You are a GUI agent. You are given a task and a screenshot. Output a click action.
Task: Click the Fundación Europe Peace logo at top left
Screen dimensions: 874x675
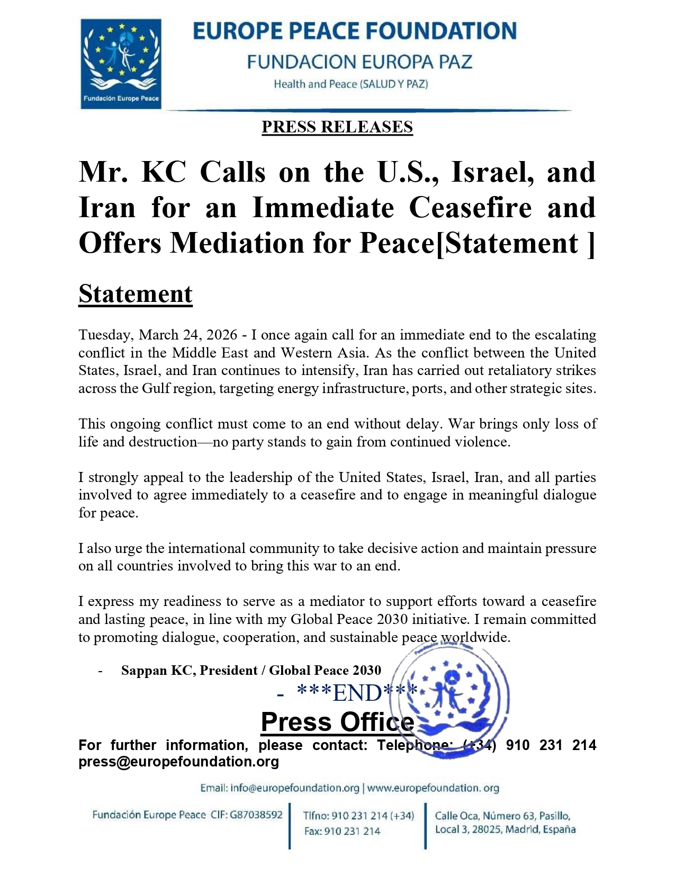coord(121,64)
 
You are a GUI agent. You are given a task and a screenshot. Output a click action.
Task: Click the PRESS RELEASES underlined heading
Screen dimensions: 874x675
coord(337,127)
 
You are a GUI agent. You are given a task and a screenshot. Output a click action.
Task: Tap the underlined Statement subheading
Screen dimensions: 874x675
coord(135,294)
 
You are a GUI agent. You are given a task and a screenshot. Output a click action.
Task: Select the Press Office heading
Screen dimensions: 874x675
coord(337,722)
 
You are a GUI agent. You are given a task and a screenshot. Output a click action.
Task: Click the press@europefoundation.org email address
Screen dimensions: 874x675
coord(178,762)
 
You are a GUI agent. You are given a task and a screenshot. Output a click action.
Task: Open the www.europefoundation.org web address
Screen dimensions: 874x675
coord(433,788)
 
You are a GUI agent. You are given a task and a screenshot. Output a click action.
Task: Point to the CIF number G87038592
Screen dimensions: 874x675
coord(256,815)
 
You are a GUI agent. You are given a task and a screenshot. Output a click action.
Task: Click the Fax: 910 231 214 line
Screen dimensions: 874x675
coord(342,831)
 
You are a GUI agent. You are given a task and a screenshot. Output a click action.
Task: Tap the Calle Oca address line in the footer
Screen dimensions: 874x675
coord(502,816)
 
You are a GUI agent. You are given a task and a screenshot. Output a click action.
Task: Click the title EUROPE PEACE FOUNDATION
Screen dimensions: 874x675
coord(354,31)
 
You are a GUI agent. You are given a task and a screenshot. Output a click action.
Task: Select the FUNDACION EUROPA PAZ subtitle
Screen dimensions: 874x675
coord(359,62)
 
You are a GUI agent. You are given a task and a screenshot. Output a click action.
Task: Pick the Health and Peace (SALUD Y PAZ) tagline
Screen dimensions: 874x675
coord(350,84)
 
